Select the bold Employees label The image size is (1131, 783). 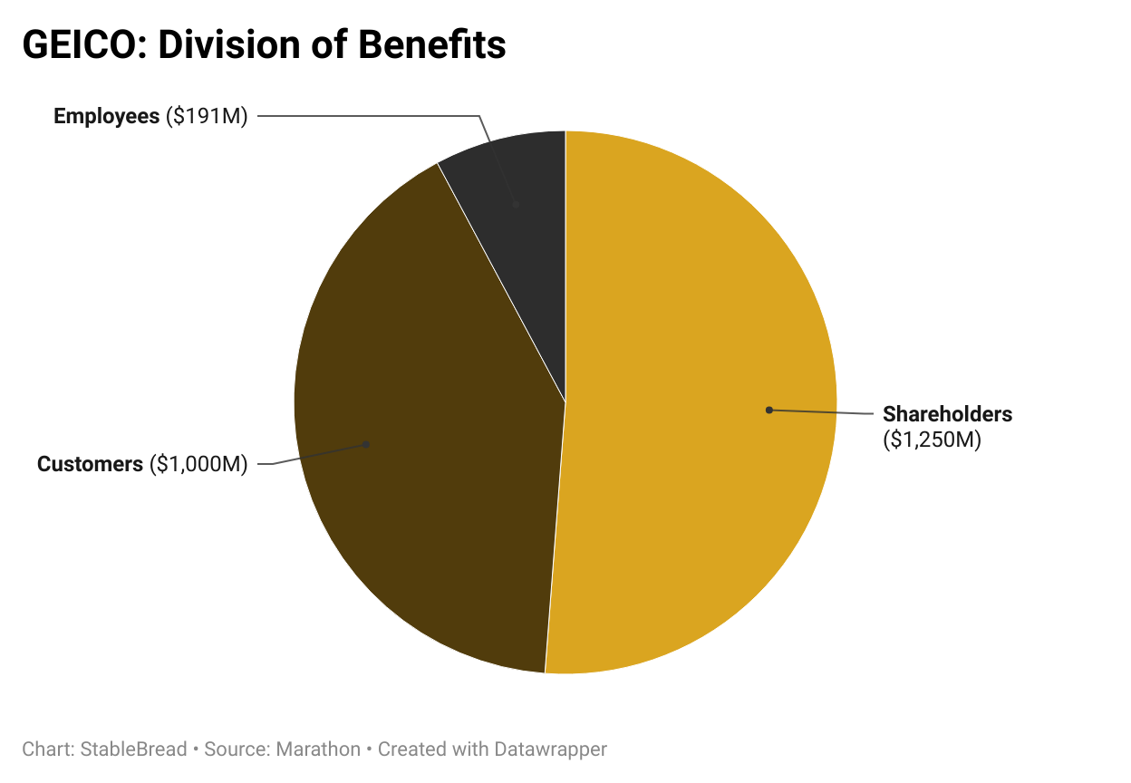click(106, 116)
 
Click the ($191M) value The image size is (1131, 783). click(207, 116)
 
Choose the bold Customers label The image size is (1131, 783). click(90, 464)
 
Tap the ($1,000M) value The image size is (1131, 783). click(198, 464)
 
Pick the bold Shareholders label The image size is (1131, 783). click(947, 414)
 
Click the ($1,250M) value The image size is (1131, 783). click(933, 440)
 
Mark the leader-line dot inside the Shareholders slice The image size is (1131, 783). click(768, 410)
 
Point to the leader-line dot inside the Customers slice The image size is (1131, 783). click(366, 444)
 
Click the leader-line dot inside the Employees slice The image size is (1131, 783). click(516, 205)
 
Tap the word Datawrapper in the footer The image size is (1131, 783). click(550, 749)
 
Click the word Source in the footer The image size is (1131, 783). click(232, 749)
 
